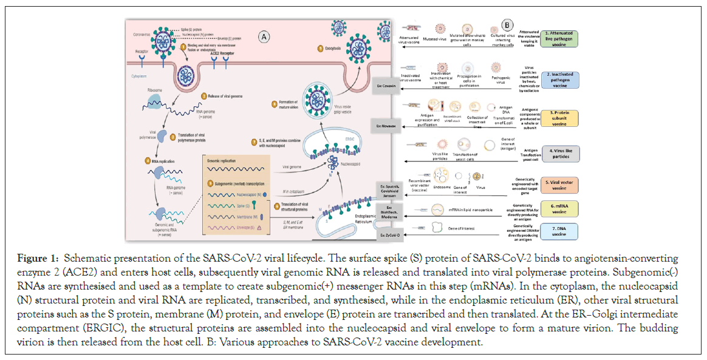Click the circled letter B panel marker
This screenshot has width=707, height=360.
pos(507,25)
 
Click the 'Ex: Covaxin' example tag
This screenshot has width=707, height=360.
pos(386,87)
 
